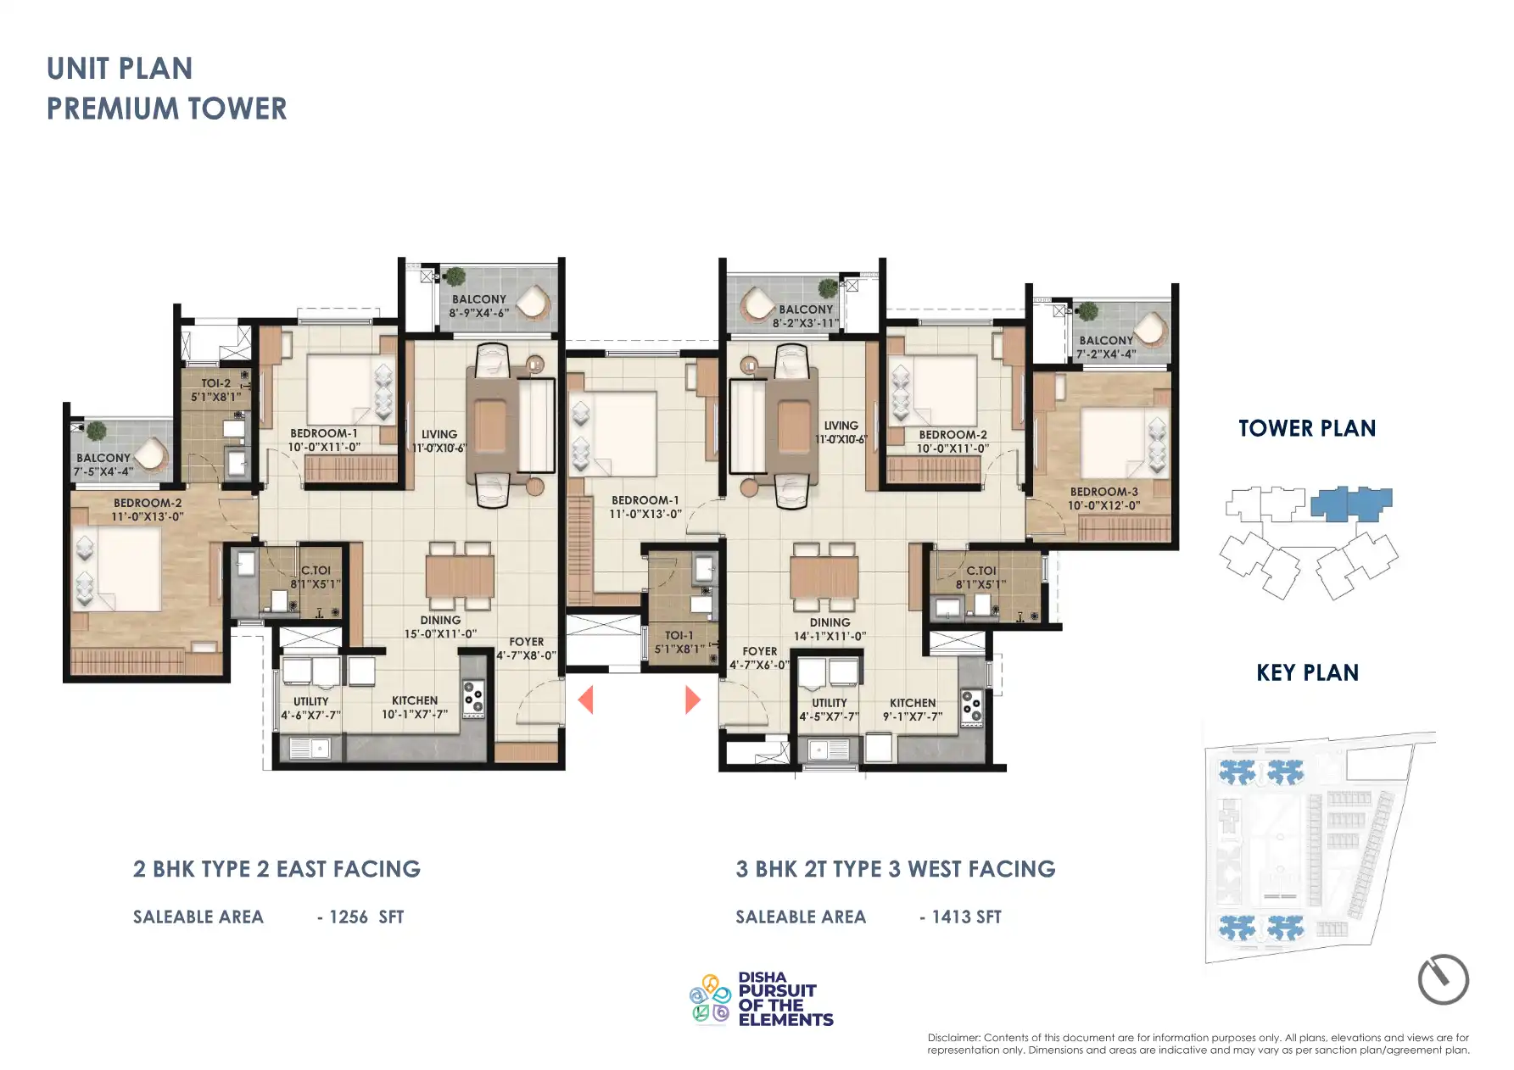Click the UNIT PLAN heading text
(120, 69)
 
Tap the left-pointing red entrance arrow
(585, 700)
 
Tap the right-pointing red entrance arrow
(692, 700)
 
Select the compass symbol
(1443, 979)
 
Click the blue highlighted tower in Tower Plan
(1350, 504)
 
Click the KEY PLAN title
(1307, 673)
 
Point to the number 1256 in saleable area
(348, 917)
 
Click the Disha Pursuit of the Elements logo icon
(710, 999)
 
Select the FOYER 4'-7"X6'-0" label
(759, 658)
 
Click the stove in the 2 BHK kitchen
(472, 699)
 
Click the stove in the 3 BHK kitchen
(971, 707)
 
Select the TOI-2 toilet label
(215, 390)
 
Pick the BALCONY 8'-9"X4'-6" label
(478, 306)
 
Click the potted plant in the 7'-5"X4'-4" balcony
(97, 430)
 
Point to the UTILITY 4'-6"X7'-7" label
(310, 708)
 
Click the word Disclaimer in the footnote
(953, 1038)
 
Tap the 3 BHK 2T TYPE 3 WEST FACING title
(896, 870)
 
